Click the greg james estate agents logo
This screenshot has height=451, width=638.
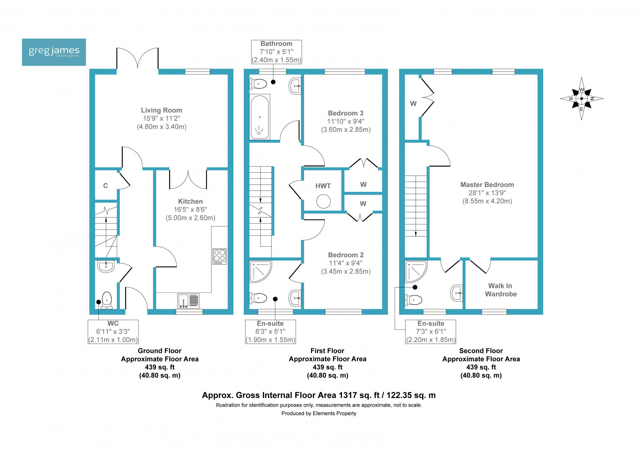coord(54,52)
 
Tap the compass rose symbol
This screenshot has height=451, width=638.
coord(582,99)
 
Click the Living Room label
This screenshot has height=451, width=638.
coord(161,110)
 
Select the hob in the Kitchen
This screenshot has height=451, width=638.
coord(219,256)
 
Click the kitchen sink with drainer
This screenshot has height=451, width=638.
coord(188,301)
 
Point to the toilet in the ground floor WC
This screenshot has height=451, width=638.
coord(107,301)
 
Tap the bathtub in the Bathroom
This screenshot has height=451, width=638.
coord(260,117)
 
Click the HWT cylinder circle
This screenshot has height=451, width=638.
coord(323,201)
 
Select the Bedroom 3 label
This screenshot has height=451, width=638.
coord(345,113)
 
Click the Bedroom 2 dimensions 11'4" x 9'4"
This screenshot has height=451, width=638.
coord(346,263)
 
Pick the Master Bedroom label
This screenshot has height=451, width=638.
coord(487,184)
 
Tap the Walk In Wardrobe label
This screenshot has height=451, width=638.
coord(501,290)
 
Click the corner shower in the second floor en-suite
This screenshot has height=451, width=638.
coord(416,271)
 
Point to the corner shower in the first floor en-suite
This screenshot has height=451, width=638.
coord(260,272)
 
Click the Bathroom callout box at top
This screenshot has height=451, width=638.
coord(277,52)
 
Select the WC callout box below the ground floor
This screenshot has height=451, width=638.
coord(113,332)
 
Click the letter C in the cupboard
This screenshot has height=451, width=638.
coord(106,186)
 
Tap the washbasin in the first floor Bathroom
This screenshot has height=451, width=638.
coord(295,86)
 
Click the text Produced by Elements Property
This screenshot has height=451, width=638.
coord(319,413)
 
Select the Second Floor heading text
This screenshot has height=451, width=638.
coord(481,351)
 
